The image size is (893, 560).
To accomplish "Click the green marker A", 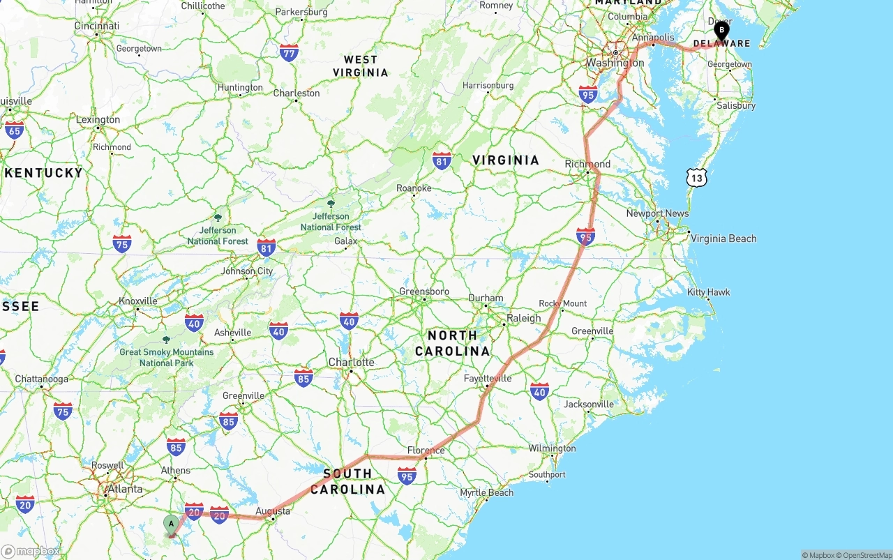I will [171, 524].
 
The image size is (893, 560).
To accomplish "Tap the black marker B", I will [721, 31].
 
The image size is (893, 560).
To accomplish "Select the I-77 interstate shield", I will [289, 52].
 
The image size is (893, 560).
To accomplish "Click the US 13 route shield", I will [696, 177].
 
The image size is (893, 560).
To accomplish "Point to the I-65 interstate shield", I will [14, 130].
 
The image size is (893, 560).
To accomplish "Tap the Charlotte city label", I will [351, 363].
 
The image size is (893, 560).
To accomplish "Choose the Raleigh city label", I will [523, 318].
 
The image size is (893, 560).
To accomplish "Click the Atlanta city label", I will [125, 489].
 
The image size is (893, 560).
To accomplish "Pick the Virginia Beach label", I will [723, 239].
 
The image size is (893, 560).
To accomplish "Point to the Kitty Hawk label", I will [708, 292].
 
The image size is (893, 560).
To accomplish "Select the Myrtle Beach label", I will [486, 492].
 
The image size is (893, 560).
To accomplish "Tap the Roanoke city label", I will [414, 188].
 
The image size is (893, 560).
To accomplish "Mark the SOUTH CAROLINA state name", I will [347, 481].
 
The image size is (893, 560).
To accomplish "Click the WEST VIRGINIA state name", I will [360, 66].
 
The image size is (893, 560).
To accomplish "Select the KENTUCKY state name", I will [43, 172].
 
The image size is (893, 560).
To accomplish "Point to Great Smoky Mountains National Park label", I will [166, 357].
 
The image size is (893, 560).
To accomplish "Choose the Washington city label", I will [615, 63].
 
